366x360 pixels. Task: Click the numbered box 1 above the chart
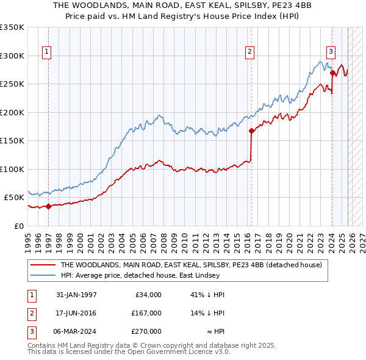pyautogui.click(x=47, y=52)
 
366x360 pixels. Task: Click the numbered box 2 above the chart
pyautogui.click(x=250, y=52)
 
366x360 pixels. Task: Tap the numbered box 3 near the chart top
pyautogui.click(x=331, y=52)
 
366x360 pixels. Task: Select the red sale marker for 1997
pyautogui.click(x=48, y=206)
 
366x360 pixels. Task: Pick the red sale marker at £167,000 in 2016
pyautogui.click(x=251, y=131)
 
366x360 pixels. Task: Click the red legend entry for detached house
pyautogui.click(x=194, y=265)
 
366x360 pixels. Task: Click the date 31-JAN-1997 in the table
pyautogui.click(x=76, y=295)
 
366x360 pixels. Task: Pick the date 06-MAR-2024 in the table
pyautogui.click(x=76, y=331)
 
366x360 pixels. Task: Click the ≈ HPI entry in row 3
pyautogui.click(x=212, y=331)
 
